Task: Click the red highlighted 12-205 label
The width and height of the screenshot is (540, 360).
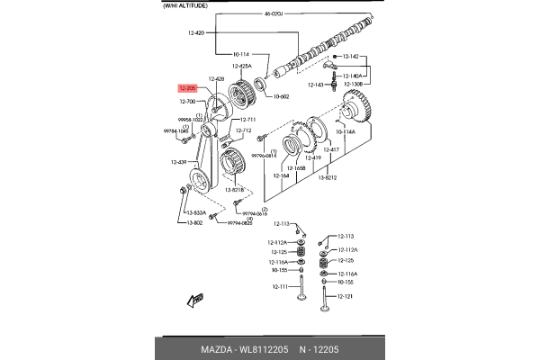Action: coord(187,88)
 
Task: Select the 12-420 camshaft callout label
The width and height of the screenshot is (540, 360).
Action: coord(196,32)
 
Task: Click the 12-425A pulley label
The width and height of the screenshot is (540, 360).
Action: coord(243,66)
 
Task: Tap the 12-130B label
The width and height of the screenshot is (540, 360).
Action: coord(356,85)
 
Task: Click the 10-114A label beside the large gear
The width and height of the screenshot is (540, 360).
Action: coord(346,131)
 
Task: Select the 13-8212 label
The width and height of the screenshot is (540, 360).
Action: coord(325,179)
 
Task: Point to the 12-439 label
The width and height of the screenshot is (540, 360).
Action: coord(179,162)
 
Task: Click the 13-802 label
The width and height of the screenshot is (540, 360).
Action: coord(194,222)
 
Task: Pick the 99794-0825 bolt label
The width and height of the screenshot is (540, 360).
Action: coord(240,222)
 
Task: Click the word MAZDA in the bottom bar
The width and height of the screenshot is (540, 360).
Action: coord(217,348)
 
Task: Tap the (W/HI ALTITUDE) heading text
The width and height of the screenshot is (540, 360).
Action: coord(184,5)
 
